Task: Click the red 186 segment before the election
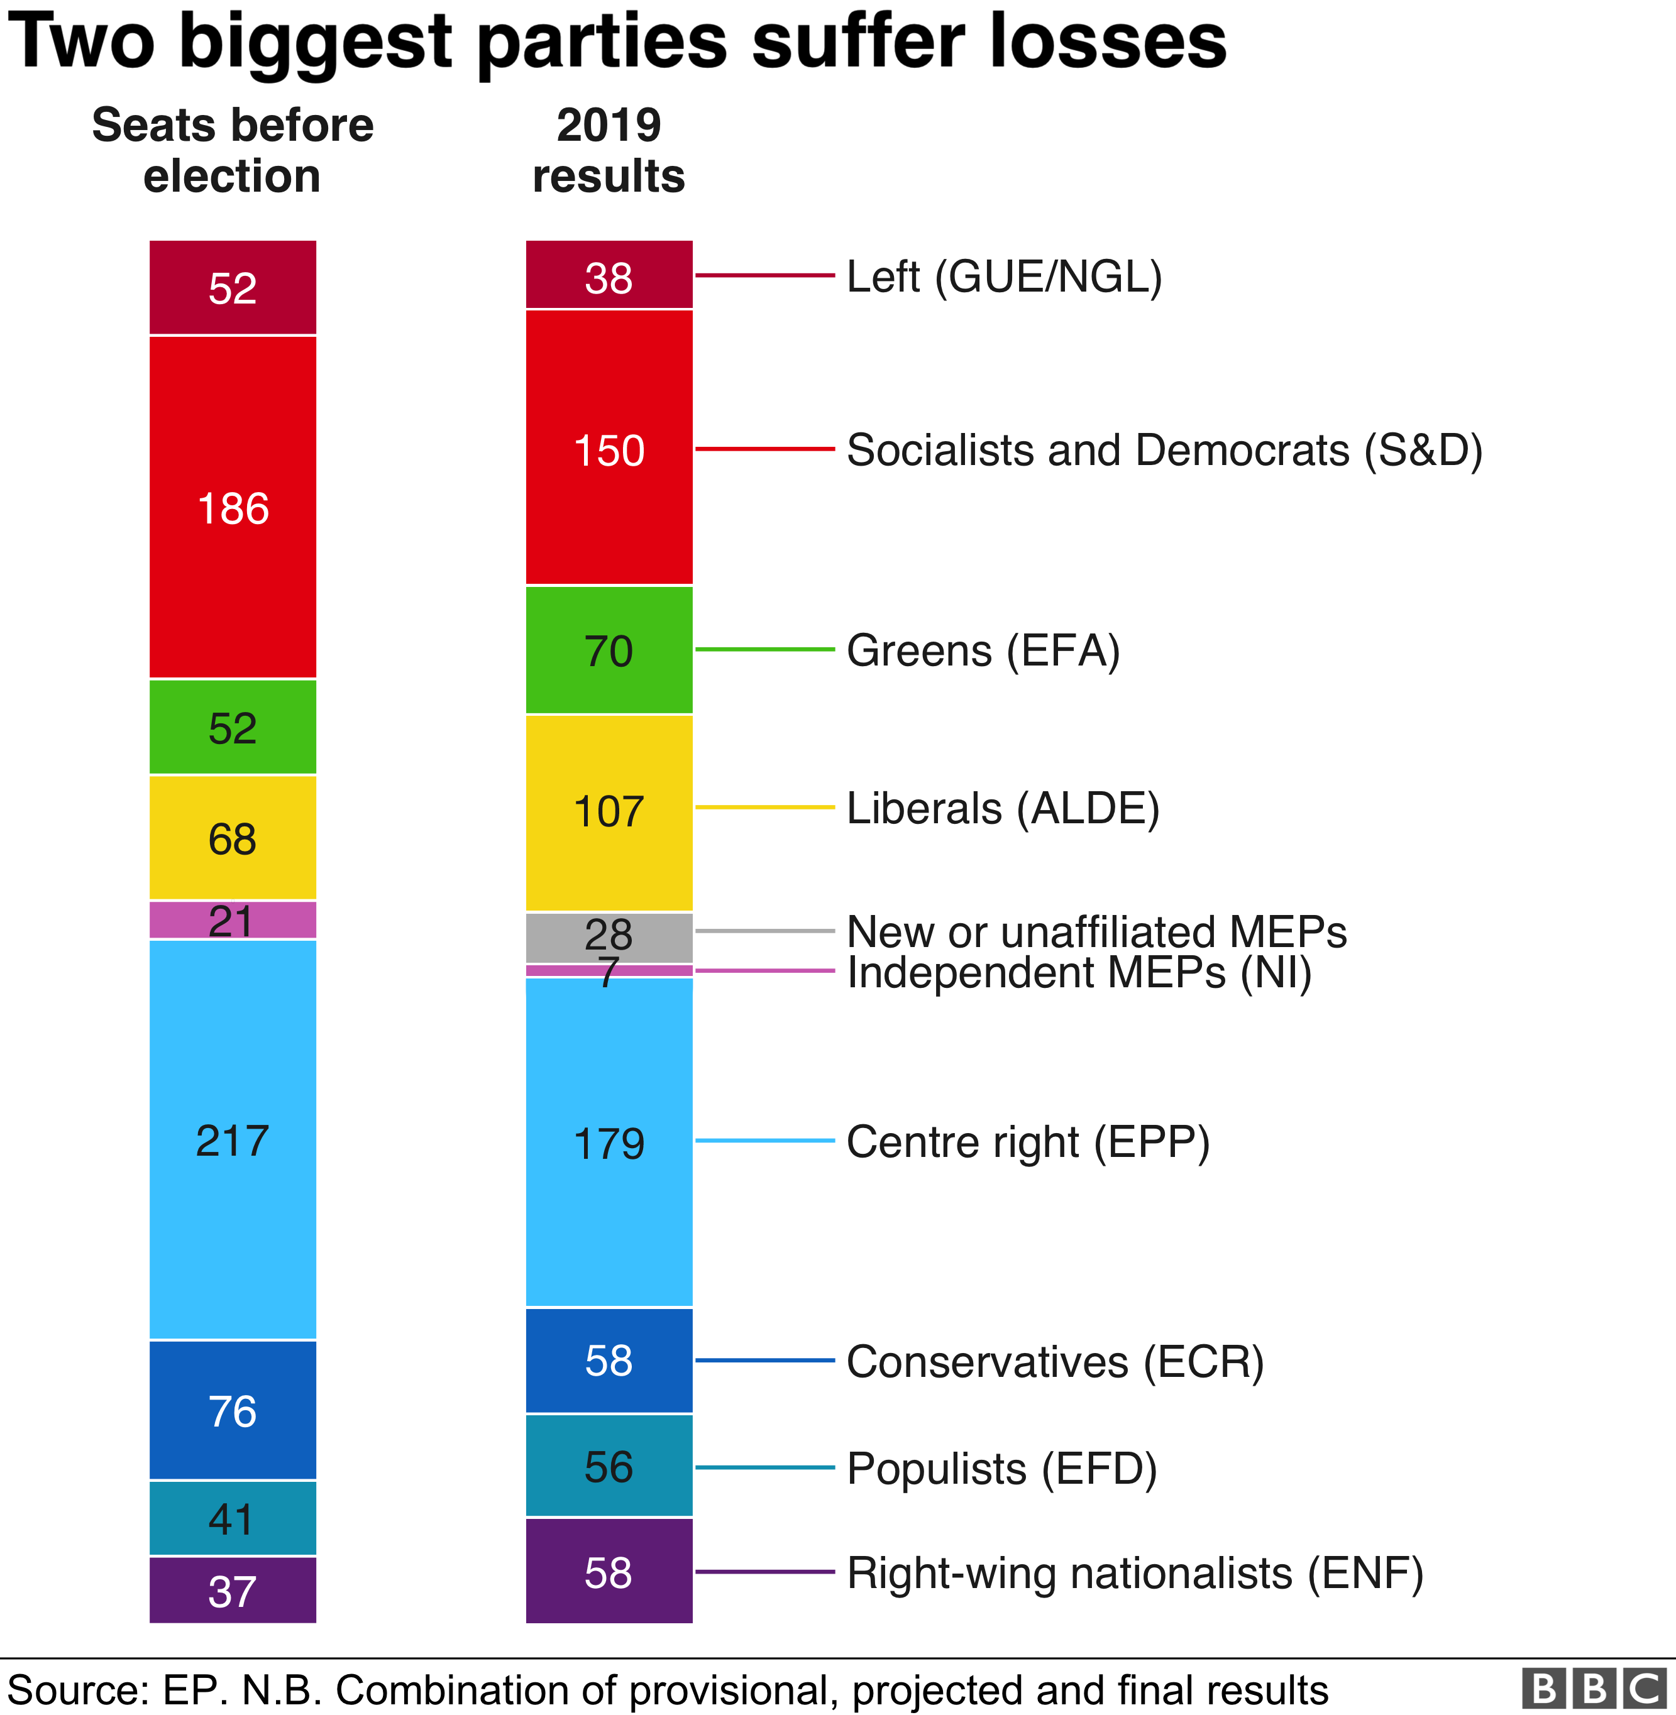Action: pos(233,508)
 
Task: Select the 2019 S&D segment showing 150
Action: pos(609,448)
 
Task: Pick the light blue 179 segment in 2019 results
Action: pos(609,1141)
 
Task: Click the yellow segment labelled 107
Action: pos(609,811)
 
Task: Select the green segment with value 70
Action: pos(609,650)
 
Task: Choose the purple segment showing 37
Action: pos(233,1590)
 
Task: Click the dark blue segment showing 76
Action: pos(233,1411)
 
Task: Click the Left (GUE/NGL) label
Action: pos(1003,277)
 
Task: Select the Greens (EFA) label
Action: pos(983,650)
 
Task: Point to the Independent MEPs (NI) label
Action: pos(1078,972)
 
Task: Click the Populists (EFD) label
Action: pos(1001,1468)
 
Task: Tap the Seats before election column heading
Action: pos(233,150)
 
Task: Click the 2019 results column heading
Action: pos(609,150)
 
